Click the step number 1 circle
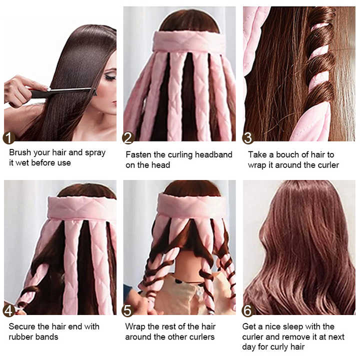[9, 138]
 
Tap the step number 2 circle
[128, 138]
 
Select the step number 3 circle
[248, 138]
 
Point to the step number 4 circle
[9, 310]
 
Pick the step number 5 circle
[128, 310]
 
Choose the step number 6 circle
[248, 310]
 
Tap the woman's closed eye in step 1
[110, 77]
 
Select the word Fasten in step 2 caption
[139, 154]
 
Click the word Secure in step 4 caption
[23, 326]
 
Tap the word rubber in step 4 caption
[21, 337]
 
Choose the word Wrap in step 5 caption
[135, 326]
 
